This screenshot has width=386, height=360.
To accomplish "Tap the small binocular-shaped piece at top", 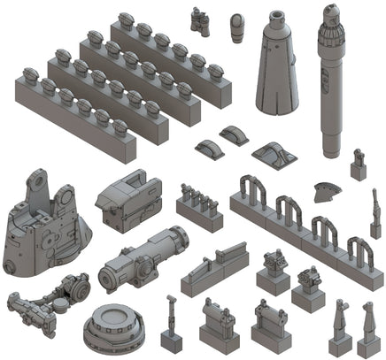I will click(200, 19).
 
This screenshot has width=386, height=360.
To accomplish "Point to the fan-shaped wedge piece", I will click(327, 190).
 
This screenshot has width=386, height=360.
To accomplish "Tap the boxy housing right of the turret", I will click(131, 201).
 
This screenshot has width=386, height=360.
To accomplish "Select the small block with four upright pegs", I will click(198, 206).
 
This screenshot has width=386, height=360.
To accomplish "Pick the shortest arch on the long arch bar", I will click(358, 249).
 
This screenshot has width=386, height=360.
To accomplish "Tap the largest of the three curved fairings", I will click(274, 157).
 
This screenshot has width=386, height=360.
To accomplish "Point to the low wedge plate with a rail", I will click(216, 272).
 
